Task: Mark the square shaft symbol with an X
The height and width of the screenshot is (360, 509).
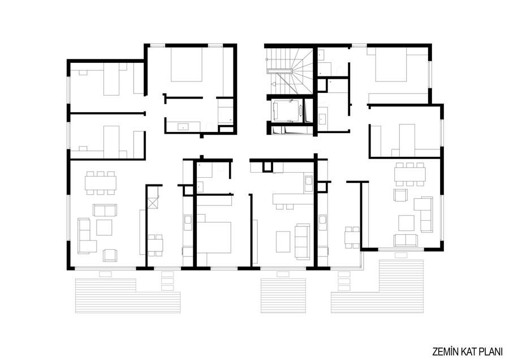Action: tap(153, 203)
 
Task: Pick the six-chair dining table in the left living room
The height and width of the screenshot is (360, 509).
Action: tap(101, 183)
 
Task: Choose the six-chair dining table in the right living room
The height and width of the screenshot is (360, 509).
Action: tap(409, 174)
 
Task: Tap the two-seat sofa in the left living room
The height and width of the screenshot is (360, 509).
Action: tap(105, 210)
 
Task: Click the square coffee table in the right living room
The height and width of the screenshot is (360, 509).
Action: tap(407, 223)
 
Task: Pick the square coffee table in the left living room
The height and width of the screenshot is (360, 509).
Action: tap(104, 228)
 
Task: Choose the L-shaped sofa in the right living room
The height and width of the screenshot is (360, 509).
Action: tap(424, 213)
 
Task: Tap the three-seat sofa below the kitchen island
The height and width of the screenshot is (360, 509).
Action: tap(302, 241)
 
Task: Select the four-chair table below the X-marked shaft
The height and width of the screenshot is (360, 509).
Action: tap(156, 245)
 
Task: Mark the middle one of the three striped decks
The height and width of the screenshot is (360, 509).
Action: tap(283, 295)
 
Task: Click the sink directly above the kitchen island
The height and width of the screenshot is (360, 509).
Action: tap(308, 184)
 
